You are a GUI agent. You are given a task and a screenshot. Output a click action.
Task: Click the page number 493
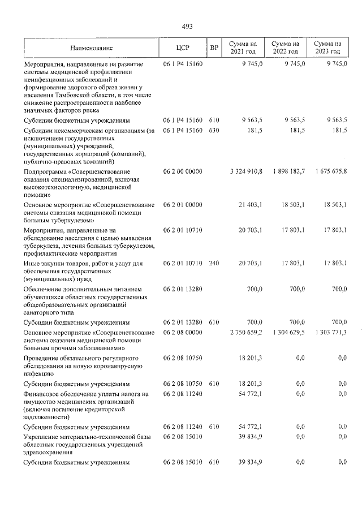187,26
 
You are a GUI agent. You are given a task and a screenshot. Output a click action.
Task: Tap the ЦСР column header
182,48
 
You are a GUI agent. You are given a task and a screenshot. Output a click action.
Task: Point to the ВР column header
214,48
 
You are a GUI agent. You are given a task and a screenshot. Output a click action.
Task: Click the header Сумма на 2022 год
285,48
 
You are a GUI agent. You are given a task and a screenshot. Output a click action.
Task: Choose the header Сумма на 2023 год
327,48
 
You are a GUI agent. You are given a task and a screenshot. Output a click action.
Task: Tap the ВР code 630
213,131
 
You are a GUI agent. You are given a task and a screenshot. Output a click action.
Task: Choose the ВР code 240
213,263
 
